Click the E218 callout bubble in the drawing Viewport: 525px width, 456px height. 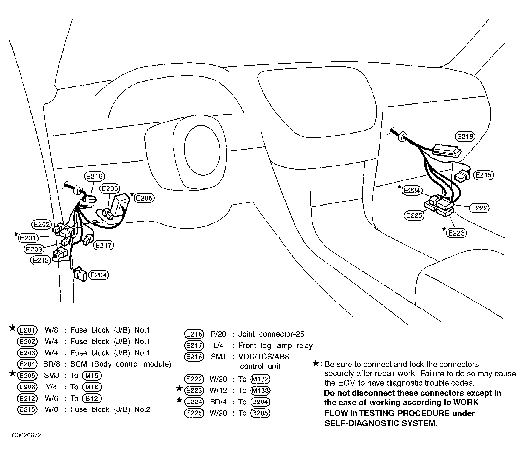[x=465, y=137]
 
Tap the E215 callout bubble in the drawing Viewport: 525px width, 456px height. [x=483, y=175]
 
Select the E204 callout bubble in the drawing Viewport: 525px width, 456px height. [x=98, y=275]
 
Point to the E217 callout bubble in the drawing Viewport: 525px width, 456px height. [x=103, y=245]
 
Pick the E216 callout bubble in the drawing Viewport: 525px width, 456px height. [x=94, y=176]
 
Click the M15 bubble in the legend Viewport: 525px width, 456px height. [x=92, y=376]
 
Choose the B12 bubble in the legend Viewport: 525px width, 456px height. [x=92, y=398]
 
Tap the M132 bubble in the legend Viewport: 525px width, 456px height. [x=260, y=379]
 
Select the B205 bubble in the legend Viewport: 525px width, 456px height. [x=260, y=413]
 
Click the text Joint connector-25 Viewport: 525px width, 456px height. [x=271, y=334]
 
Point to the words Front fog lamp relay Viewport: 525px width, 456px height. [x=275, y=345]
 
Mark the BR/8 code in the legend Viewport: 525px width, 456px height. [x=51, y=364]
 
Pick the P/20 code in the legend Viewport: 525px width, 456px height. [x=219, y=334]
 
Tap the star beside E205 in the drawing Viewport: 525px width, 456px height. [x=132, y=194]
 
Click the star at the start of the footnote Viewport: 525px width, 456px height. [x=316, y=364]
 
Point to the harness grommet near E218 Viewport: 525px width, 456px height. [x=402, y=137]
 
